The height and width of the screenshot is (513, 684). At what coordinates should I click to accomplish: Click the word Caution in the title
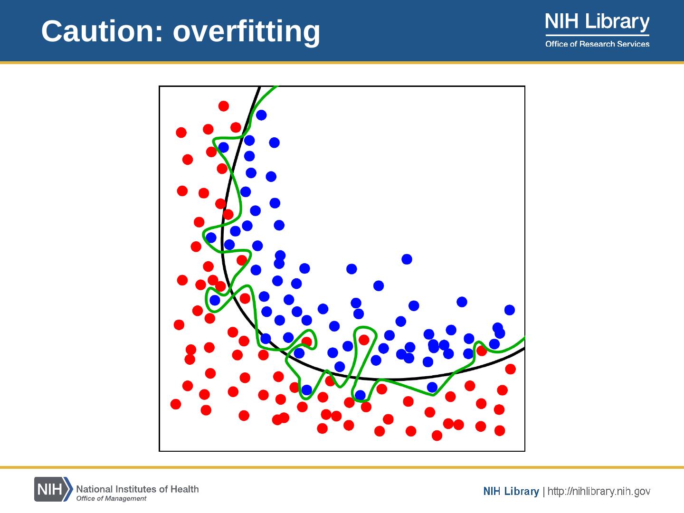(x=102, y=31)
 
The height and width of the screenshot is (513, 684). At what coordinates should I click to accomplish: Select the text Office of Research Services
(x=597, y=44)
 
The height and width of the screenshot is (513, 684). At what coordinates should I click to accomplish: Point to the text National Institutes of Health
(x=137, y=489)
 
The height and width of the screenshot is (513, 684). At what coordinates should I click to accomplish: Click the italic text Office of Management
(x=111, y=498)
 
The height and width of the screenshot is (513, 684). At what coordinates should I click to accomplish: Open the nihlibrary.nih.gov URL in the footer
(x=599, y=492)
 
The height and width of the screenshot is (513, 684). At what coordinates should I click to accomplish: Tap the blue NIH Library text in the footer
(x=511, y=492)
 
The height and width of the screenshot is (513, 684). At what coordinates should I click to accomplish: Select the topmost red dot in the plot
(x=223, y=106)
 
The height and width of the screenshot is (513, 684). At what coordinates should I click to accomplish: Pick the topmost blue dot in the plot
(x=261, y=115)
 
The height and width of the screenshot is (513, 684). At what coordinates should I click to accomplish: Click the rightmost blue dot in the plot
(x=510, y=310)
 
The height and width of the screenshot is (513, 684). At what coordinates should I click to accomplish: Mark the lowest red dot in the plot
(x=437, y=436)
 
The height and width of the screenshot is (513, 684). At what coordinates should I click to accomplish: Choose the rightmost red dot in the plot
(x=511, y=369)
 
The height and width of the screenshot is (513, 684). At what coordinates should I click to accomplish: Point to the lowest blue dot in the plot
(x=360, y=395)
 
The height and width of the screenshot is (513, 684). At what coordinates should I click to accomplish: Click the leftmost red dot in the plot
(x=176, y=404)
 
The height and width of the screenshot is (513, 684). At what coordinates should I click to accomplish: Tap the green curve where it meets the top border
(x=275, y=87)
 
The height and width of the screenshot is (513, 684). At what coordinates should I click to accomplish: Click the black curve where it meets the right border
(x=524, y=349)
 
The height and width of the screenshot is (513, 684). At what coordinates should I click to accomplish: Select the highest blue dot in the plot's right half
(x=407, y=259)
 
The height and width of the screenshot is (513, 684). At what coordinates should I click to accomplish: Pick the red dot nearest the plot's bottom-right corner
(x=500, y=431)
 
